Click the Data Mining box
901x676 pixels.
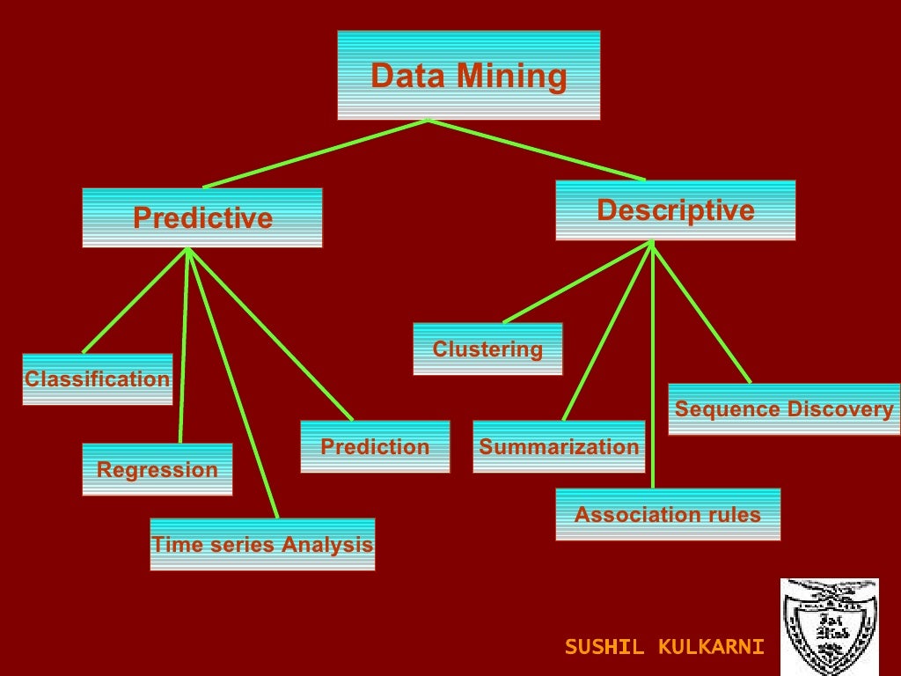[x=468, y=76]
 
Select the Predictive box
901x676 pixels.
[x=202, y=217]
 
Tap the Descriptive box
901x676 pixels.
[x=675, y=210]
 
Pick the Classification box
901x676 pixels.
[x=97, y=379]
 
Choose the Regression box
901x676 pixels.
[x=157, y=469]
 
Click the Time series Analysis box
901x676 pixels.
[x=262, y=544]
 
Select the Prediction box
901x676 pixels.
[x=375, y=446]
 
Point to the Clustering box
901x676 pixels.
[x=487, y=349]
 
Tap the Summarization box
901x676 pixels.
[x=559, y=446]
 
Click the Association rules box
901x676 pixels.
[x=667, y=514]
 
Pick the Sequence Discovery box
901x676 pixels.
[x=783, y=409]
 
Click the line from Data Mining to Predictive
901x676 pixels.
[x=315, y=153]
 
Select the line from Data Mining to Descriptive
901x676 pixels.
[x=537, y=150]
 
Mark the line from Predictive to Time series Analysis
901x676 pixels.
[x=233, y=383]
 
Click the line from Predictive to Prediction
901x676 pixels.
[x=270, y=334]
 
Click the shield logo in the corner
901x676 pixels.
[x=829, y=626]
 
